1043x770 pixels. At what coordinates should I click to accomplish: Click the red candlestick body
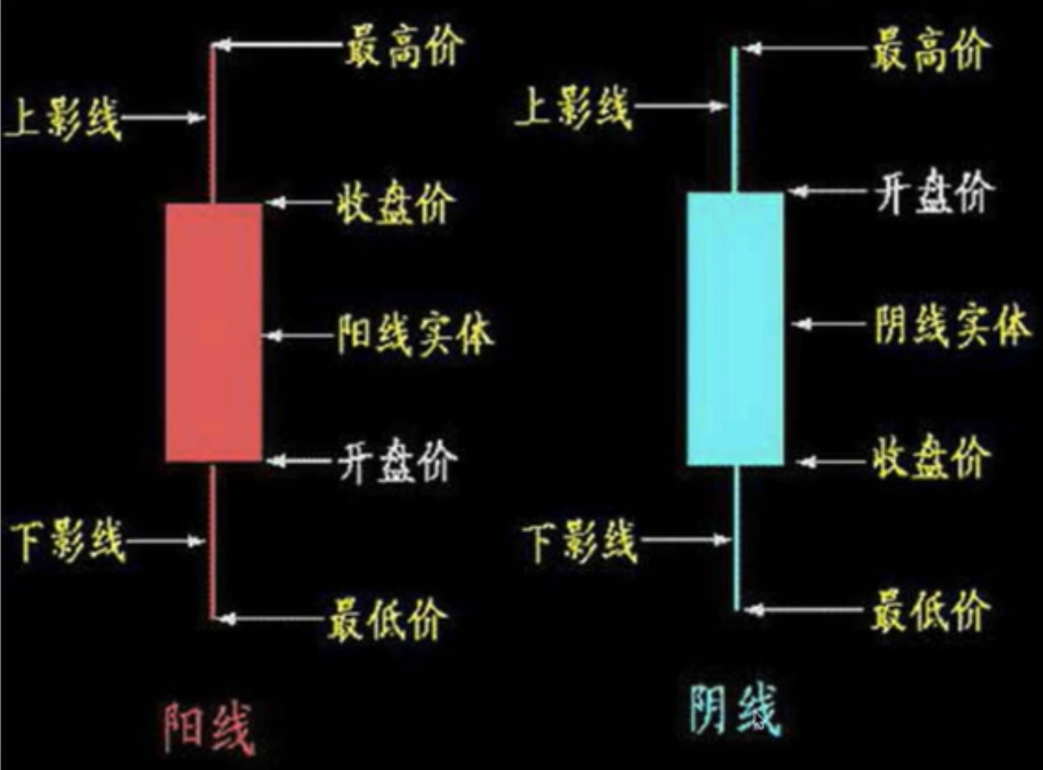point(213,332)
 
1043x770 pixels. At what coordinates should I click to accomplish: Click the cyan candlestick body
point(736,329)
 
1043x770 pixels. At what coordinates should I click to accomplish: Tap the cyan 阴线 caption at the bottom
point(734,711)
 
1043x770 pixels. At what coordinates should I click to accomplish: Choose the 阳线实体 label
point(416,334)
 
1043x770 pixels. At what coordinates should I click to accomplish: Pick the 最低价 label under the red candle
point(387,619)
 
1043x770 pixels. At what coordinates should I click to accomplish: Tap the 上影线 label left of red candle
point(64,119)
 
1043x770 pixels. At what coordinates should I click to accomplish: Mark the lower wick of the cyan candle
point(736,538)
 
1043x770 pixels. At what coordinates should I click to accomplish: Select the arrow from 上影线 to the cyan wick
point(681,106)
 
